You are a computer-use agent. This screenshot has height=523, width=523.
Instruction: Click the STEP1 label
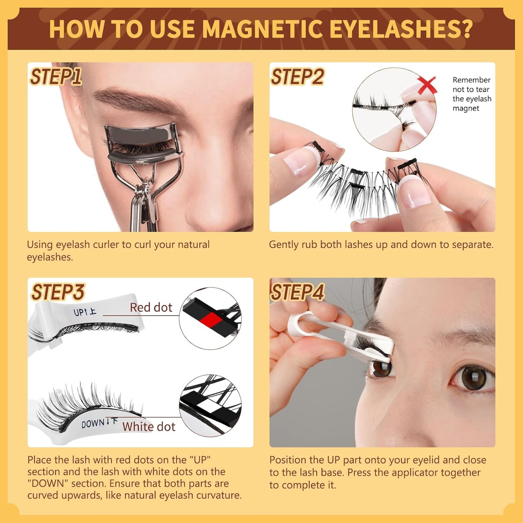[x=56, y=77]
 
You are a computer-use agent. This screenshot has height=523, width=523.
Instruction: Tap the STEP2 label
[x=297, y=77]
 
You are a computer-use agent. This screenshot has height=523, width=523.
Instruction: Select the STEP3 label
[x=58, y=292]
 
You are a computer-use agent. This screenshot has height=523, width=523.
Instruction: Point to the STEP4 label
[x=298, y=292]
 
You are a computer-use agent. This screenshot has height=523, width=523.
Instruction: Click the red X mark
[x=427, y=85]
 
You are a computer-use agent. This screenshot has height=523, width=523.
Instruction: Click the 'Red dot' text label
[x=151, y=308]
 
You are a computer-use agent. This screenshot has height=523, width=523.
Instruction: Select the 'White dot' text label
[x=149, y=427]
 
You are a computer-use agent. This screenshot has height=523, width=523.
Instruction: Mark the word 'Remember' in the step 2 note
[x=471, y=80]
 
